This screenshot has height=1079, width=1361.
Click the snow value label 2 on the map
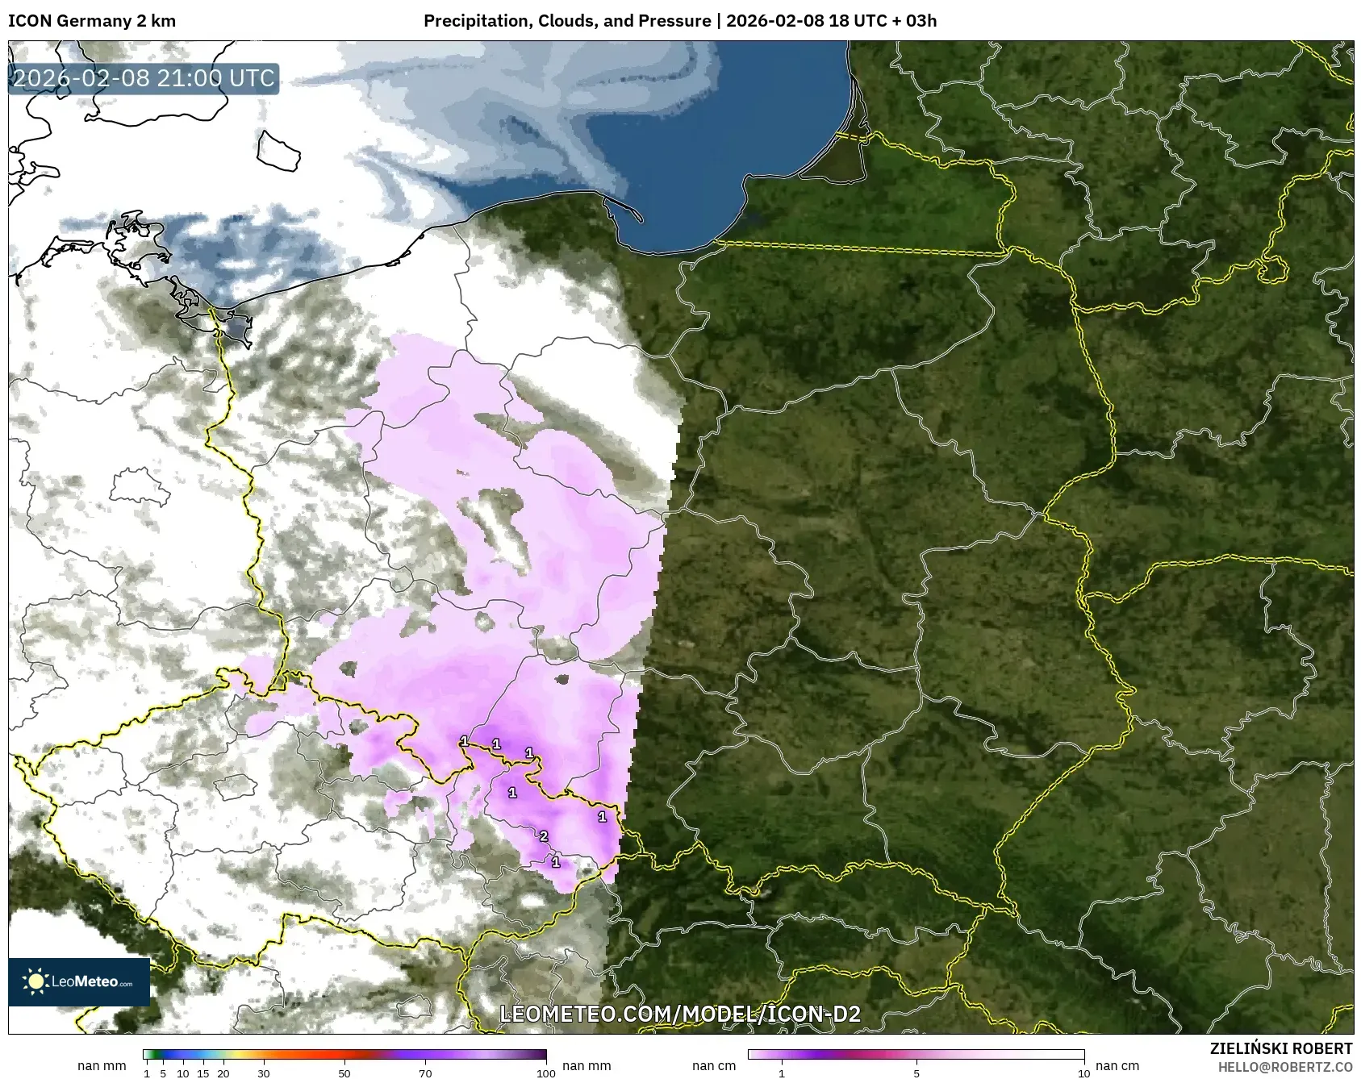click(x=544, y=836)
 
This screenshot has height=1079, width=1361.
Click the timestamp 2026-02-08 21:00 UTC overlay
click(x=144, y=78)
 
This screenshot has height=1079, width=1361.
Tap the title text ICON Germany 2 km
click(x=91, y=21)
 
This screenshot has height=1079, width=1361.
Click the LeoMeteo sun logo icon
click(x=35, y=981)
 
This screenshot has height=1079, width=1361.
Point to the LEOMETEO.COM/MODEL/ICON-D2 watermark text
click(x=680, y=1014)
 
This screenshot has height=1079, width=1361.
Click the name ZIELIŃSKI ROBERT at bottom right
click(x=1281, y=1048)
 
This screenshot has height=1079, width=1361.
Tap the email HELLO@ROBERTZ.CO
click(x=1284, y=1066)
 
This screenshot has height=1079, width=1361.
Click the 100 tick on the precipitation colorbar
click(x=546, y=1073)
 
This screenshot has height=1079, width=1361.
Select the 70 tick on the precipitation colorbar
click(x=425, y=1073)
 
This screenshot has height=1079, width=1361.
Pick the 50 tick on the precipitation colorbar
click(x=344, y=1073)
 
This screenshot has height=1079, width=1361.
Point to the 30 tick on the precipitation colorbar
click(x=264, y=1073)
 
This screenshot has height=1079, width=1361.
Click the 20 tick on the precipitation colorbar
click(x=223, y=1073)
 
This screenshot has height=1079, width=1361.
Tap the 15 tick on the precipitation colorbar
click(x=203, y=1073)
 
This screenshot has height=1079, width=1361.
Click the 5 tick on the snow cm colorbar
click(x=916, y=1073)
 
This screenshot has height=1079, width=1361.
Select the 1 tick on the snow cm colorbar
click(x=781, y=1073)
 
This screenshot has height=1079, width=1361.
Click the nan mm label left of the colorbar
click(x=102, y=1065)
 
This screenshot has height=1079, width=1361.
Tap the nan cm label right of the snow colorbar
click(x=1117, y=1065)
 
